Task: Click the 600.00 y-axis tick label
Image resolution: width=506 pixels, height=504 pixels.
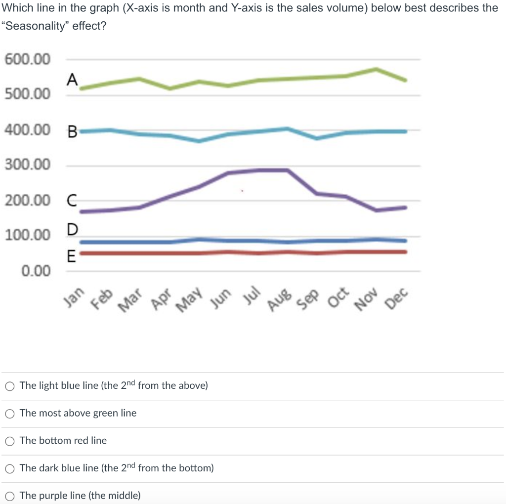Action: coord(28,59)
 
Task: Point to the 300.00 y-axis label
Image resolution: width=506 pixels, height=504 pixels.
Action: coord(28,165)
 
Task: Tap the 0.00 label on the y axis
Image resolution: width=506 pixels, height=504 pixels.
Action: coord(36,271)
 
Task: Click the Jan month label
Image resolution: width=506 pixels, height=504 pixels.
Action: coord(75,296)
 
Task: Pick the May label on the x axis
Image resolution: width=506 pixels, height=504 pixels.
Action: coord(190,299)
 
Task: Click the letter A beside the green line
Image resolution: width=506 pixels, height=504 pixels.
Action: coord(72,79)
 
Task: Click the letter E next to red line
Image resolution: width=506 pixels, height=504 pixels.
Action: coord(71,256)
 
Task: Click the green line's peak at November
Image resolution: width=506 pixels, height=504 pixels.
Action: coord(376,69)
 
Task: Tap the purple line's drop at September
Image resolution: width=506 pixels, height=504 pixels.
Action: coord(317,193)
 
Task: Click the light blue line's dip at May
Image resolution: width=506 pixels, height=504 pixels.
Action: coord(199,141)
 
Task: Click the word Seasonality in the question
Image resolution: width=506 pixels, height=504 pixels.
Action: coord(35,26)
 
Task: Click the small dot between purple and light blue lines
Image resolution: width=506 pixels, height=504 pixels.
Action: coord(242,190)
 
